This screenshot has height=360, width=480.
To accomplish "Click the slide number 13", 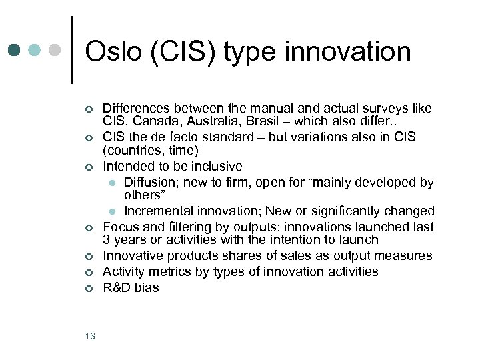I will tap(90, 336).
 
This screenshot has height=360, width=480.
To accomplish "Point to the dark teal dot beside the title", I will tap(15, 50).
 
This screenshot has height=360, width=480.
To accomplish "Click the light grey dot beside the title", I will tap(55, 50).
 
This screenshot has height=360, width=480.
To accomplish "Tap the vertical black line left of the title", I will tap(71, 50).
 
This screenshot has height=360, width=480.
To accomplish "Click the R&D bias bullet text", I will tap(131, 288).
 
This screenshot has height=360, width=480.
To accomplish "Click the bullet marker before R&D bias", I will tap(88, 289).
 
